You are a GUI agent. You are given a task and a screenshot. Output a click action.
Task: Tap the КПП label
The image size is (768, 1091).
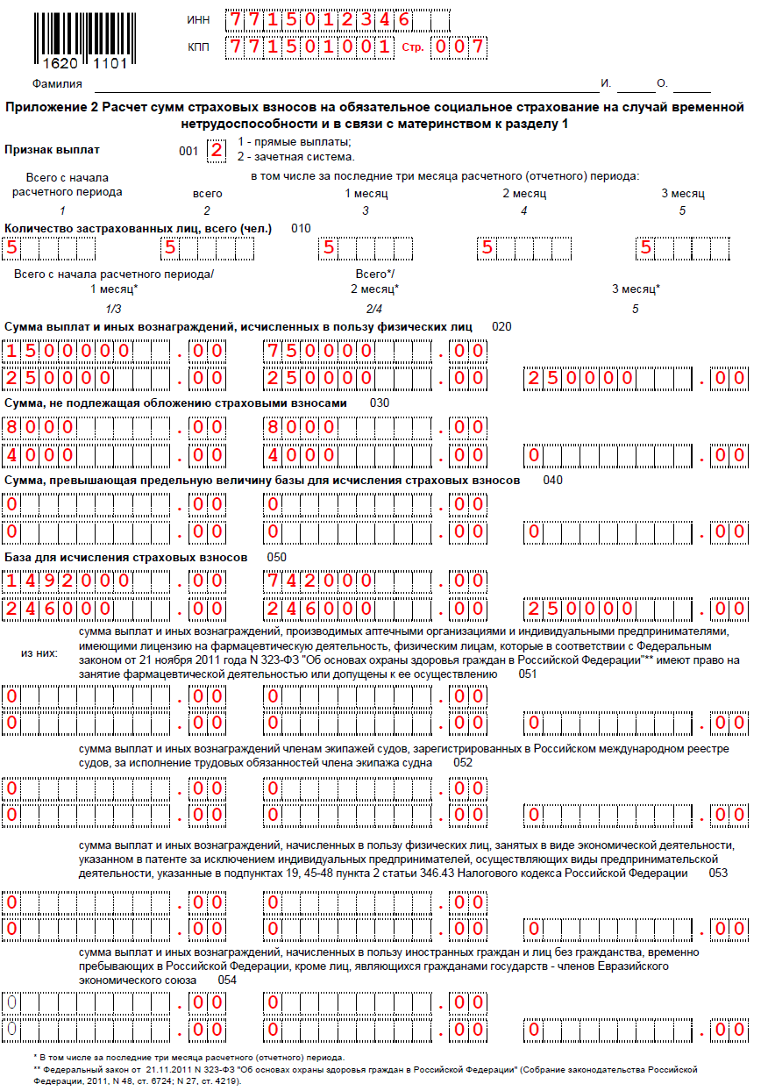pos(198,46)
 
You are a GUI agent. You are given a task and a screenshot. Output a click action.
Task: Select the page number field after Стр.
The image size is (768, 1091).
pos(461,46)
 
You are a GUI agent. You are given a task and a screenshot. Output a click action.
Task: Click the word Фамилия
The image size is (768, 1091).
pos(57,84)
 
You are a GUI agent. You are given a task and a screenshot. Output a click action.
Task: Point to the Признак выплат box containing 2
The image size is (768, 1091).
pos(216,150)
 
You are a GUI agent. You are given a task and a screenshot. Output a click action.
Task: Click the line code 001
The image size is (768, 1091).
pos(188,151)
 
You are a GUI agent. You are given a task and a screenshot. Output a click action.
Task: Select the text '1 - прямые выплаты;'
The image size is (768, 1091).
pos(295,142)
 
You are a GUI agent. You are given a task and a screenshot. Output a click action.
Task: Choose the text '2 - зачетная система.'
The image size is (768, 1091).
pos(296,157)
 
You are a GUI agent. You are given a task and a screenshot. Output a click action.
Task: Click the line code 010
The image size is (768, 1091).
pos(301,229)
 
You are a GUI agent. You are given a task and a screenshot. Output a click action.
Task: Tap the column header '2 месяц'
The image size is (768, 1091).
pos(524,194)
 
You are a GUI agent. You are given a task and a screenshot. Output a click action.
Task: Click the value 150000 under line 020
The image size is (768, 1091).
pos(68,352)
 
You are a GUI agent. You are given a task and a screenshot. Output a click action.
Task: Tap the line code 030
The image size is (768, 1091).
pos(380,403)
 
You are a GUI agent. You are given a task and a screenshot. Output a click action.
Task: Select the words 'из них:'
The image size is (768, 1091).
pos(39,653)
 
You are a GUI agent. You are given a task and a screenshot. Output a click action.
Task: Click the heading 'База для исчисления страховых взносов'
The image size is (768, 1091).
pos(126,558)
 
